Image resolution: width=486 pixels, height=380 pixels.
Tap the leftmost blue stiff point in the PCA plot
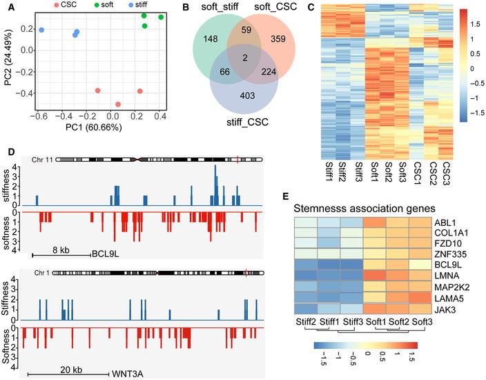click(x=41, y=30)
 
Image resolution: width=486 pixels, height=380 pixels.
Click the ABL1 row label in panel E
click(x=443, y=224)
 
